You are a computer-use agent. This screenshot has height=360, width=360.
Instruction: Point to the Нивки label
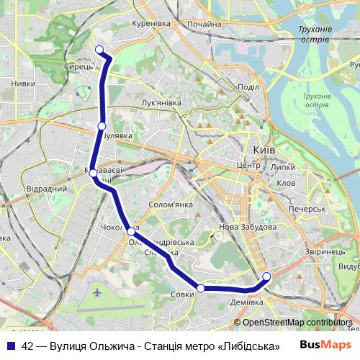coord(23,84)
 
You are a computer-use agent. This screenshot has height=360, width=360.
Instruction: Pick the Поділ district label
coord(248,87)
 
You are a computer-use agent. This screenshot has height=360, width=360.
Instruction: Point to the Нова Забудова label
coord(247,227)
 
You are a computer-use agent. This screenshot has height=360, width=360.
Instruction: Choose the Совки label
coord(183,294)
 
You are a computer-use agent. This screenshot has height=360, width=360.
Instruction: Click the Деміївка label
coord(246,302)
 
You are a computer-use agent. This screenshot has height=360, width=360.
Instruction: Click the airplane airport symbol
coord(98,292)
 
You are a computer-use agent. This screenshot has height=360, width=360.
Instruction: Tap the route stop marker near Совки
coord(201,288)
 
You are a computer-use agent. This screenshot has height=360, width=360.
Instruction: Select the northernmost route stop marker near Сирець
coord(100,49)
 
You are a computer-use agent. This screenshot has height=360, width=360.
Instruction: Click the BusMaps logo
coord(325,345)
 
